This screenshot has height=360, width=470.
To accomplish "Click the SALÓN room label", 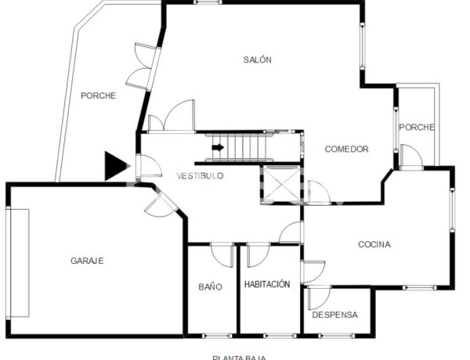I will [257, 60].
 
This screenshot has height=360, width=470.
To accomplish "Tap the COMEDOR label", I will [346, 149].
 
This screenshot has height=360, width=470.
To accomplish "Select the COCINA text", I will [374, 245].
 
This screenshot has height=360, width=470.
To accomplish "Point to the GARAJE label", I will [87, 261].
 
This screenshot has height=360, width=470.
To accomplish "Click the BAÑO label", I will [210, 287].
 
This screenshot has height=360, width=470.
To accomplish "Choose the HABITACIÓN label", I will [267, 285].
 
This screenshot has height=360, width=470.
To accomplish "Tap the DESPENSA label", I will [334, 315].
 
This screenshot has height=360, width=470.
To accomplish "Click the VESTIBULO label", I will [200, 176].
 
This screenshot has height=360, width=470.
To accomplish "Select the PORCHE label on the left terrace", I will [98, 96].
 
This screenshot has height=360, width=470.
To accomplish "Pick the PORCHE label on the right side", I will [417, 128].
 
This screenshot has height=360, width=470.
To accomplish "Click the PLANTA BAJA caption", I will [239, 357].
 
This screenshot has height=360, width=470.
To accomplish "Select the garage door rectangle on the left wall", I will [18, 263].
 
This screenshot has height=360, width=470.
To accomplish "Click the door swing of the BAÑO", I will [222, 254].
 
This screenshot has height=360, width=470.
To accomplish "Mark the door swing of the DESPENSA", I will [317, 297].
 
